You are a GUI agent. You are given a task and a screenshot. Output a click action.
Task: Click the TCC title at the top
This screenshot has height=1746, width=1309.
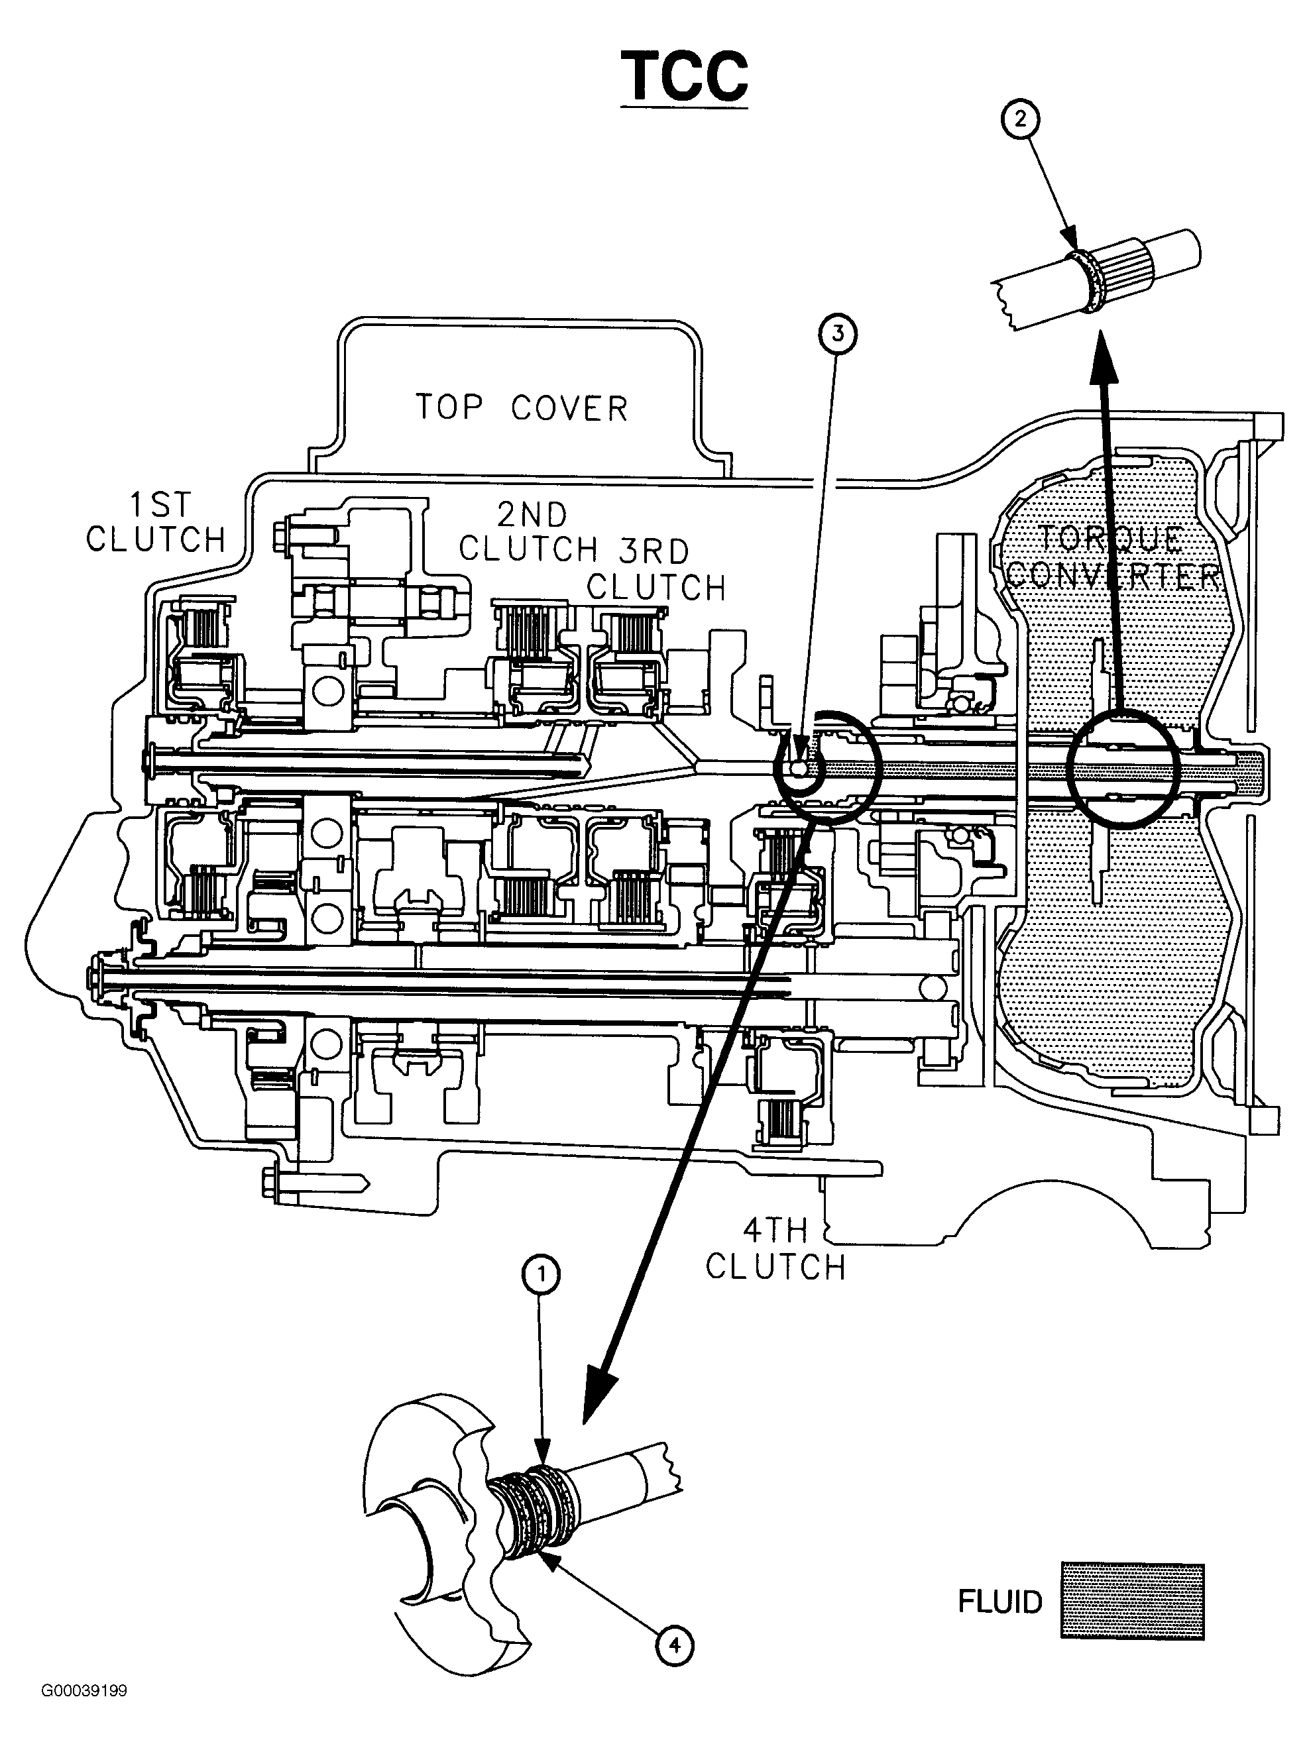coord(685,77)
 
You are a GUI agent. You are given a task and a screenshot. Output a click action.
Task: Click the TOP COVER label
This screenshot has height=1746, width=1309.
coord(522,408)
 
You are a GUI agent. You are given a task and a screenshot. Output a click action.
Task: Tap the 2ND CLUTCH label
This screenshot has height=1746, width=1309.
coord(528,532)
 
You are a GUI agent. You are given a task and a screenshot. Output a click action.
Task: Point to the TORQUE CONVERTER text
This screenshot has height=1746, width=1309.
coord(1114,557)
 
